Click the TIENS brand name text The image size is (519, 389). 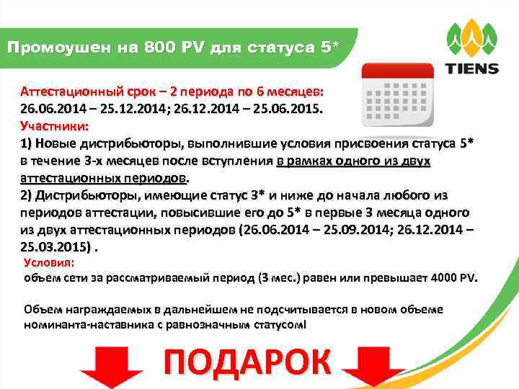471,68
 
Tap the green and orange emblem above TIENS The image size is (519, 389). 471,39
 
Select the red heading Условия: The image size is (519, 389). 48,264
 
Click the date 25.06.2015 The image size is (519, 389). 292,110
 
